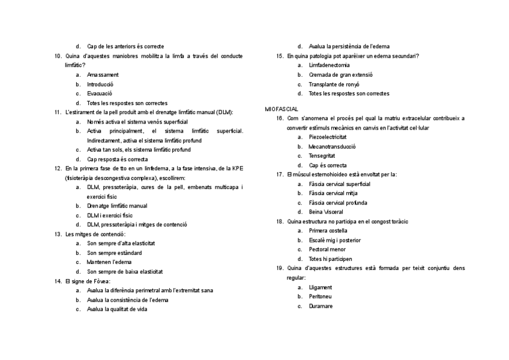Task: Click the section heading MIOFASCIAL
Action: point(278,109)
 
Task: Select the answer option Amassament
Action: point(103,75)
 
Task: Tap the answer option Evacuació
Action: point(99,94)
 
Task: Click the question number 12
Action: point(58,169)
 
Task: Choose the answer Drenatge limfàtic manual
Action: point(117,206)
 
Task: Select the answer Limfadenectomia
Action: point(329,65)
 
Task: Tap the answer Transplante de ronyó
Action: point(334,84)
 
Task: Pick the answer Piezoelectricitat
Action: point(327,137)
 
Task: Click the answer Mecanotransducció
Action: point(332,146)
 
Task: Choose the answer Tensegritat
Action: point(323,155)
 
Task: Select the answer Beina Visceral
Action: point(326,212)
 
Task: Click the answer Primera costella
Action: point(328,230)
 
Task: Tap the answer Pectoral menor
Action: point(327,250)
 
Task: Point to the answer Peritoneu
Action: point(321,296)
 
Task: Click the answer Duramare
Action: point(321,306)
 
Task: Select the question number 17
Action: point(280,175)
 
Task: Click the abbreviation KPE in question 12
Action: point(237,169)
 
